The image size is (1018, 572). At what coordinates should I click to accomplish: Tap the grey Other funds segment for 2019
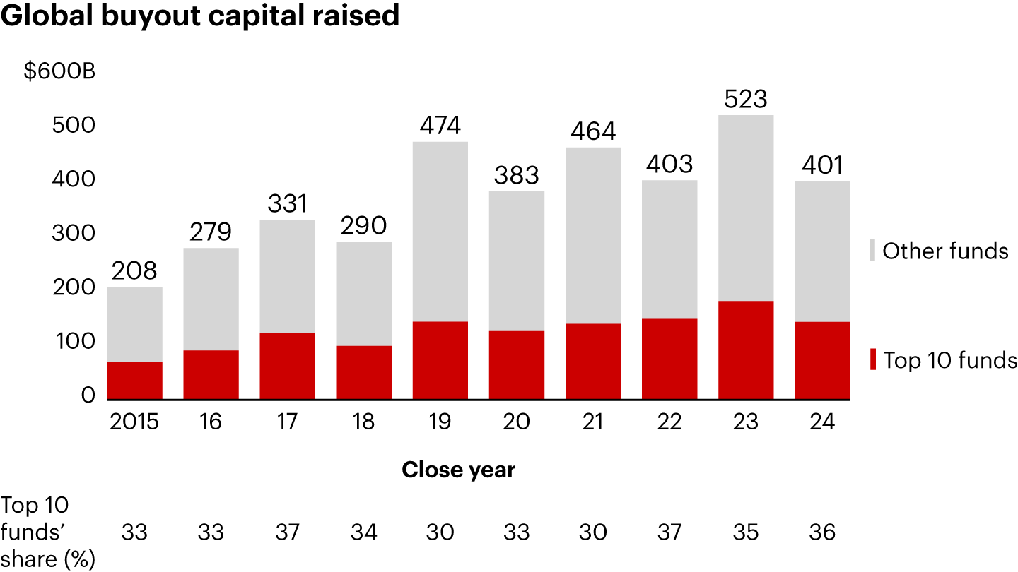click(440, 232)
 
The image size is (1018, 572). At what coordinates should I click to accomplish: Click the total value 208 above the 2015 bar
click(134, 270)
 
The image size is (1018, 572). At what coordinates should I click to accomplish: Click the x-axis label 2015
click(134, 422)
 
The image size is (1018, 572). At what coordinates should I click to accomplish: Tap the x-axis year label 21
click(593, 422)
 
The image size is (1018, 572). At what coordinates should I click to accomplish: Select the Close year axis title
click(458, 470)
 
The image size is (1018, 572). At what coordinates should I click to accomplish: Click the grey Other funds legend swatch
click(872, 251)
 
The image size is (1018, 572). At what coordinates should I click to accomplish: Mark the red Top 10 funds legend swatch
click(872, 359)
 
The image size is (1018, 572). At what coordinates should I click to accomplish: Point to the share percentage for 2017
click(288, 532)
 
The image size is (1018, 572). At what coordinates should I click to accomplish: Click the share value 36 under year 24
click(822, 532)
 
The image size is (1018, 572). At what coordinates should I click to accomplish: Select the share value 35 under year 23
click(746, 532)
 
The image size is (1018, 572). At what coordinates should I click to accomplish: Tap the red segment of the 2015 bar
click(134, 381)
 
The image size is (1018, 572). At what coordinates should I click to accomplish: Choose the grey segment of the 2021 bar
click(593, 235)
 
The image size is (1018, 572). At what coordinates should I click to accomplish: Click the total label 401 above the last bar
click(822, 165)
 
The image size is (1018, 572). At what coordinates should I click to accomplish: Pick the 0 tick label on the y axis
click(88, 395)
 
